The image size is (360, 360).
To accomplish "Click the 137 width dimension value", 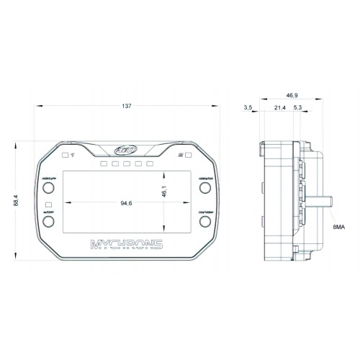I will tap(127, 107).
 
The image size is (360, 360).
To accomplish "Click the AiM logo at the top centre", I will tap(127, 151).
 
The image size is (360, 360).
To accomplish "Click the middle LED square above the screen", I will tap(127, 164).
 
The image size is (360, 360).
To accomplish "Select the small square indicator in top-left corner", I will tap(65, 154).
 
